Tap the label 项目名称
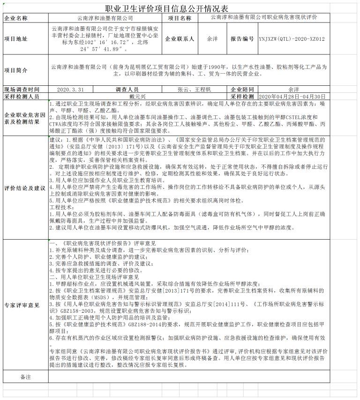180,18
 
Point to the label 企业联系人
180,39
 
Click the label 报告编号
242,39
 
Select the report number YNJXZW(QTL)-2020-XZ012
292,39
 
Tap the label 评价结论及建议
25,188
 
